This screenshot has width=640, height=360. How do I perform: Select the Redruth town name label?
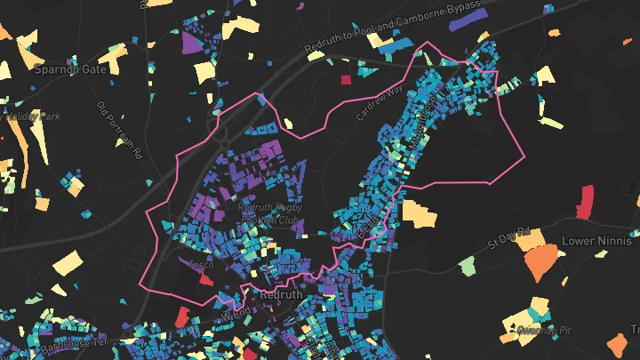click(282, 294)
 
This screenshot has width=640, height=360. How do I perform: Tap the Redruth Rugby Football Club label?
click(270, 213)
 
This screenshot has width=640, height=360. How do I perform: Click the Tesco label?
click(200, 264)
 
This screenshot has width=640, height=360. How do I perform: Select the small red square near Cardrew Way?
click(346, 80)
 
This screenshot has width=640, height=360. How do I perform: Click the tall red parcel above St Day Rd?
click(585, 201)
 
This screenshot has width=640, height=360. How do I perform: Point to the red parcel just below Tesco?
click(206, 279)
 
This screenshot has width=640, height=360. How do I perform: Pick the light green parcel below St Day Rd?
click(468, 265)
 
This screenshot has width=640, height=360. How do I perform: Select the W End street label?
click(233, 314)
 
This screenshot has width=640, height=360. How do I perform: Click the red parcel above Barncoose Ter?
click(182, 316)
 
